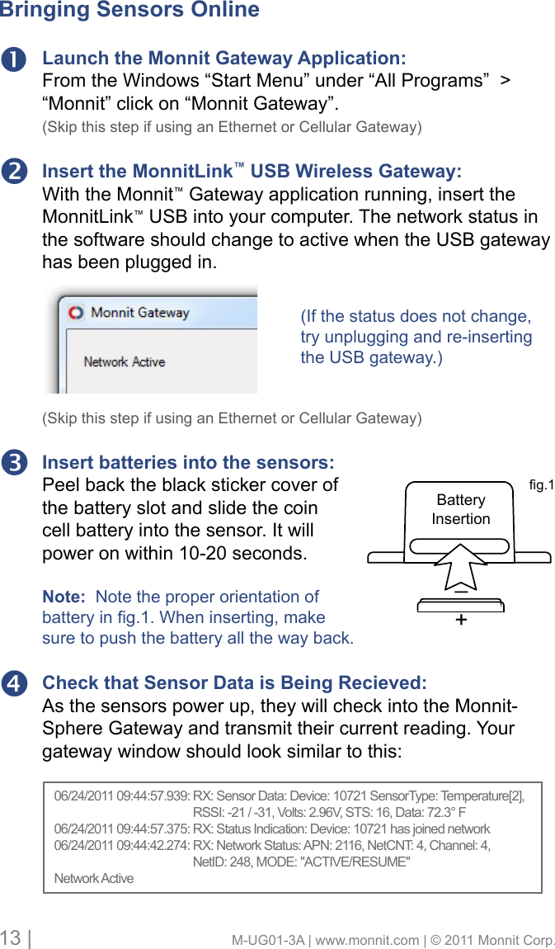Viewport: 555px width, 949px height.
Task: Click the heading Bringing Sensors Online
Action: tap(129, 11)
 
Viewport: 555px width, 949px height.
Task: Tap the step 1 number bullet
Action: tap(16, 59)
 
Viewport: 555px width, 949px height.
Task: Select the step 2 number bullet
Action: tap(16, 172)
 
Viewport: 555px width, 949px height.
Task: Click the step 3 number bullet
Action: tap(16, 463)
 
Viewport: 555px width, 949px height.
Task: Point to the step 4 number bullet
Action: tap(16, 684)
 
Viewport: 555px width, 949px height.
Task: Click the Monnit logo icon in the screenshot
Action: tap(76, 313)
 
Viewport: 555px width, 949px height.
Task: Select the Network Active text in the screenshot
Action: tap(125, 362)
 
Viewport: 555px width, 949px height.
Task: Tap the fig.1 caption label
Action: tap(540, 485)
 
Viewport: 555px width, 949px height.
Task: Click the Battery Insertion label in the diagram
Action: tap(461, 509)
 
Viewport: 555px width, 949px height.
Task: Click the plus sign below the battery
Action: tap(460, 619)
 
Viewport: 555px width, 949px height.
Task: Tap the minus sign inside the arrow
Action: tap(460, 591)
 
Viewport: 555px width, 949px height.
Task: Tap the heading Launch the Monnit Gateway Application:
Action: tap(223, 59)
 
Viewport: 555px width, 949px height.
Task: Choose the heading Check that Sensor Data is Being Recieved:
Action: tap(234, 683)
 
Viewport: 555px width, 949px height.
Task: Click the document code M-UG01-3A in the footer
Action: tap(266, 940)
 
